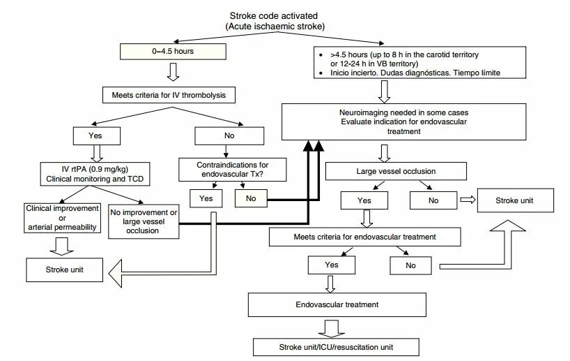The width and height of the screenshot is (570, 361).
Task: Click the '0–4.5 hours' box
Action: pyautogui.click(x=173, y=52)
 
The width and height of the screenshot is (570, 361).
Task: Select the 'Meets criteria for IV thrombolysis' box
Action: pyautogui.click(x=169, y=95)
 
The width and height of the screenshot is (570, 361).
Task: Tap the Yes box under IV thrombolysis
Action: pyautogui.click(x=97, y=136)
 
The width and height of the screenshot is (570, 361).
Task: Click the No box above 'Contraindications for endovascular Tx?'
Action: pyautogui.click(x=229, y=136)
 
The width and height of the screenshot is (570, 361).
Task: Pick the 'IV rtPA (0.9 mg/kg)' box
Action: pyautogui.click(x=95, y=174)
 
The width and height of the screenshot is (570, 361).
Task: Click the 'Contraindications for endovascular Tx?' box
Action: pyautogui.click(x=232, y=170)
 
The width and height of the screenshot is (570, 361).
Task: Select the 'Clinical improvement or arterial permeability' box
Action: pyautogui.click(x=62, y=218)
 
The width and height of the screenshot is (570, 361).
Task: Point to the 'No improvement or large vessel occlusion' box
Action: pyautogui.click(x=144, y=221)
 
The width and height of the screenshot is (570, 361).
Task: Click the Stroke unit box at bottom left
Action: pyautogui.click(x=64, y=270)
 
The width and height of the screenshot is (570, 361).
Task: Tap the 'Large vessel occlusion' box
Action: pyautogui.click(x=396, y=171)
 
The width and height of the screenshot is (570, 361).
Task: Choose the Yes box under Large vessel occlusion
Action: pyautogui.click(x=364, y=200)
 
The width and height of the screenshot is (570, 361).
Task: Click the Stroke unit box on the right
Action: pyautogui.click(x=516, y=200)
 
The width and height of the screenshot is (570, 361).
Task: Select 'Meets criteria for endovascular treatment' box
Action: pyautogui.click(x=365, y=237)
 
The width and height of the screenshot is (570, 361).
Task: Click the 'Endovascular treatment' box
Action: pyautogui.click(x=337, y=304)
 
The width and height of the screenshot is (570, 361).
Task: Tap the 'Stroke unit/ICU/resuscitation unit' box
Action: pyautogui.click(x=336, y=347)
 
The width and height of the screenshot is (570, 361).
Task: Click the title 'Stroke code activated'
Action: pyautogui.click(x=274, y=16)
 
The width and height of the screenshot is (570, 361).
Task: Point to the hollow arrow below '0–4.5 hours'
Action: pyautogui.click(x=173, y=72)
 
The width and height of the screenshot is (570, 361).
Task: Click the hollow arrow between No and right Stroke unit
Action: pyautogui.click(x=468, y=200)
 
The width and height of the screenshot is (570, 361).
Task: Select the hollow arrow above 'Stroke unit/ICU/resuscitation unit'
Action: pyautogui.click(x=331, y=329)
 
